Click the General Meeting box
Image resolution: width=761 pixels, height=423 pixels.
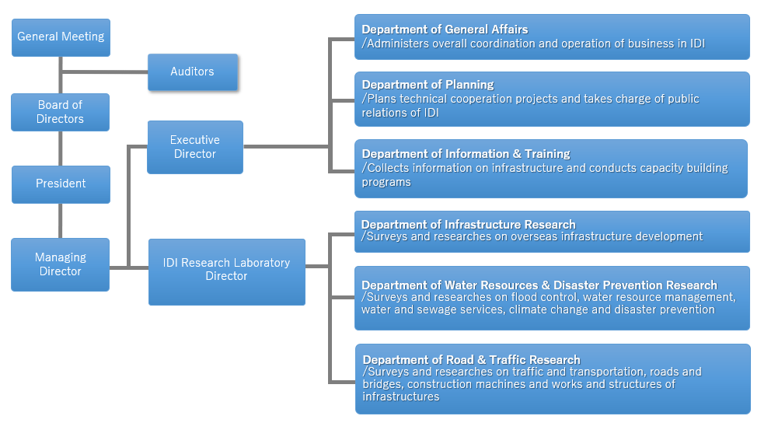click(x=61, y=37)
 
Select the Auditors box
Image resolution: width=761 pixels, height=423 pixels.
click(x=193, y=72)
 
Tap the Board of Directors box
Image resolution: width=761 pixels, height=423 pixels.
click(x=60, y=112)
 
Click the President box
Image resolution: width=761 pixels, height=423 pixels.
click(x=61, y=184)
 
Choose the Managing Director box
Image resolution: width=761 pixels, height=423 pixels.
click(x=60, y=264)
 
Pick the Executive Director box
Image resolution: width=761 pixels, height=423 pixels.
click(x=195, y=147)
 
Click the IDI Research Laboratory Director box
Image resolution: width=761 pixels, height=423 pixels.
click(x=227, y=272)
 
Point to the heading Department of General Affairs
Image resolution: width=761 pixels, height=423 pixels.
click(x=445, y=30)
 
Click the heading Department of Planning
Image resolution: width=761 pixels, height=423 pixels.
click(x=428, y=85)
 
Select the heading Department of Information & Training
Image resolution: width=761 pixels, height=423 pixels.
click(x=466, y=154)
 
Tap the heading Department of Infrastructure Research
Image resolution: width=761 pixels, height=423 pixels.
click(x=469, y=225)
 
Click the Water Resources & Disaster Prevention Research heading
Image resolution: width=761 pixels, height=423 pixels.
click(x=539, y=285)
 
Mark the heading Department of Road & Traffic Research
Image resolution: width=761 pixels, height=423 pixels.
click(x=471, y=360)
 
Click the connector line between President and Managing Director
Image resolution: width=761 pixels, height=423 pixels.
click(x=60, y=221)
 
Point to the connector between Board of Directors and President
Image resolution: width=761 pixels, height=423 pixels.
click(x=60, y=149)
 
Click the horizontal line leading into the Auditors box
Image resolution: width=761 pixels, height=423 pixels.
click(x=104, y=72)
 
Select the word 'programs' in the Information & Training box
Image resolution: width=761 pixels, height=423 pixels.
click(x=386, y=182)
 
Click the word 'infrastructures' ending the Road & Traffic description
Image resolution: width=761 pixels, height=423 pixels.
click(x=401, y=397)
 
